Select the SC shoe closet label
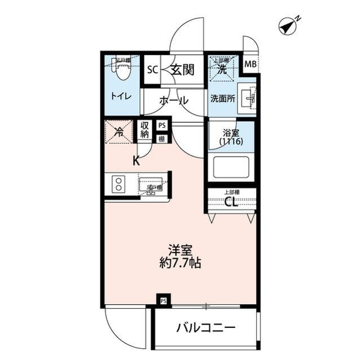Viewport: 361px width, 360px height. [152, 70]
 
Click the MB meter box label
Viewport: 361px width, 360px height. [250, 64]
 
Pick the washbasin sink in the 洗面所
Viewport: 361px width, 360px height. [249, 98]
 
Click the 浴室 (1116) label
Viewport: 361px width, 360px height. [231, 139]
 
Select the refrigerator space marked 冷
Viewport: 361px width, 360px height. [119, 133]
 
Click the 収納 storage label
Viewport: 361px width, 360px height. [144, 130]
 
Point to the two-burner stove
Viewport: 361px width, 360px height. [119, 184]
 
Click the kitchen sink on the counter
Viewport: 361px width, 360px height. [151, 185]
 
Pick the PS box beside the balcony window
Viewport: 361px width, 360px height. [163, 300]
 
